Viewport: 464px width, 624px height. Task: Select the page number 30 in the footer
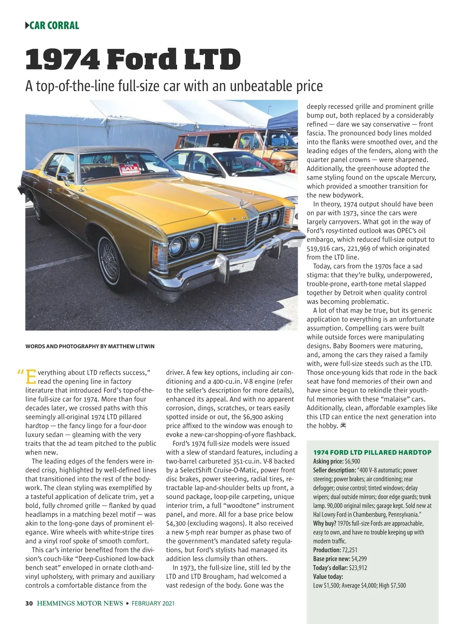coord(29,603)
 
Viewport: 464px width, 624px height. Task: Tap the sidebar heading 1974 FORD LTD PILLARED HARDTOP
coord(372,452)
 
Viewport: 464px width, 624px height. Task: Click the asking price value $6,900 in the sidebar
coord(352,461)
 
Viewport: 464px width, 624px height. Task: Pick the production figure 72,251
coord(350,550)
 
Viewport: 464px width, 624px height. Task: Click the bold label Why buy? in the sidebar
coord(324,523)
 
